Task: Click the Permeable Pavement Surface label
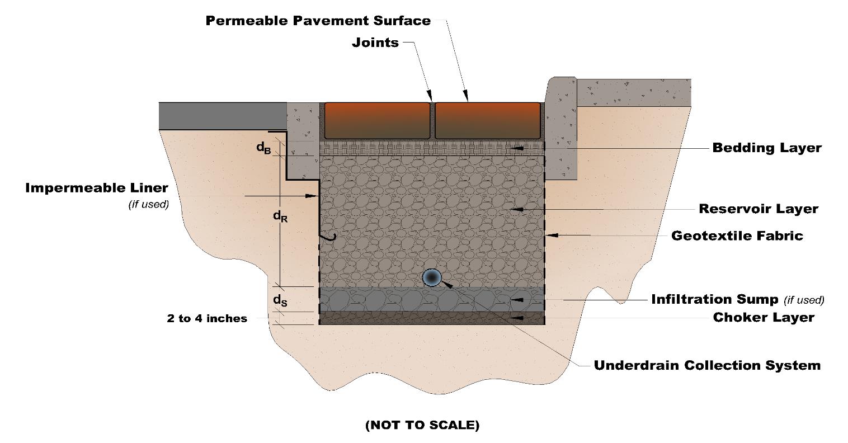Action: [x=318, y=21]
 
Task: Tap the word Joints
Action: [x=375, y=43]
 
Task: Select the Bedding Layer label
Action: [x=766, y=148]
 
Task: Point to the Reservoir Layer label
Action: [x=758, y=209]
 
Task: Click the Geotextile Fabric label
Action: [x=737, y=235]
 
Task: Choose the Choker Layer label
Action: [x=763, y=318]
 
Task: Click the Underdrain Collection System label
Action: [x=706, y=366]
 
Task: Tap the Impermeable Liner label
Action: [x=96, y=188]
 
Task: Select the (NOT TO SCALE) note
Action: [x=422, y=425]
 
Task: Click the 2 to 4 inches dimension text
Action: [x=206, y=319]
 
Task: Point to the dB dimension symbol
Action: [x=263, y=148]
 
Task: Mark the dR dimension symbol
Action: [x=280, y=215]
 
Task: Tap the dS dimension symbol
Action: [x=280, y=300]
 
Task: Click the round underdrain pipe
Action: [x=432, y=277]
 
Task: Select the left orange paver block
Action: [x=378, y=120]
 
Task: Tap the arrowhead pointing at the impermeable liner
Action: [x=310, y=196]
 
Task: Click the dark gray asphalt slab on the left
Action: [x=223, y=116]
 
